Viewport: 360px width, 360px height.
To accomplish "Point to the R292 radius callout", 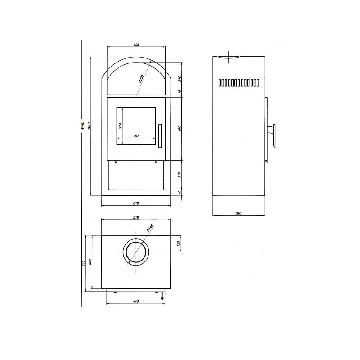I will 141,80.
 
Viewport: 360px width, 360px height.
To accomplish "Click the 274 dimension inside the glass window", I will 121,126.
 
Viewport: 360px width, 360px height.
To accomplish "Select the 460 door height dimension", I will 179,128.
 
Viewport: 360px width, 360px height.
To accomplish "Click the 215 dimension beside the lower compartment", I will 179,175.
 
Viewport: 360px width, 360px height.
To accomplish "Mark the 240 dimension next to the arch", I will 179,79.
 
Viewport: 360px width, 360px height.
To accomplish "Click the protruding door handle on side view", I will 273,135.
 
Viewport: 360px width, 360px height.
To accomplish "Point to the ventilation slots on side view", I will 238,83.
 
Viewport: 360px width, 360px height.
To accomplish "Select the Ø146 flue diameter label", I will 150,229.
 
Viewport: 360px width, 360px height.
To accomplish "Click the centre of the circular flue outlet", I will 136,252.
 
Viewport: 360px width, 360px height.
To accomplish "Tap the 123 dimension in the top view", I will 178,244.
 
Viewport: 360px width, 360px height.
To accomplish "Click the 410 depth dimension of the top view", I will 84,263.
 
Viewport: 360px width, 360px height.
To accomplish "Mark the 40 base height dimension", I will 179,192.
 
